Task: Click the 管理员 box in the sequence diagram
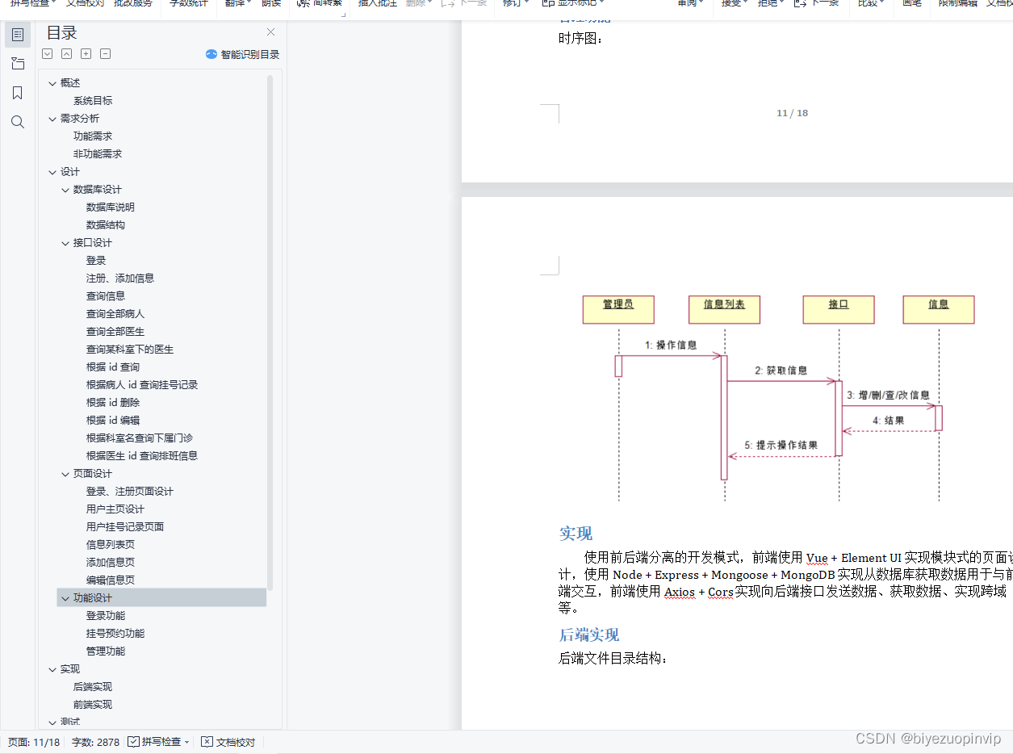618,309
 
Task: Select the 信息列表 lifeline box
724,309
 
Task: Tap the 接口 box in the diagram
839,309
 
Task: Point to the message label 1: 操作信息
671,346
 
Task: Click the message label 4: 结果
888,421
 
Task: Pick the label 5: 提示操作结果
781,446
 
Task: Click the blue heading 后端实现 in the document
589,635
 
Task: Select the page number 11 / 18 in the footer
792,113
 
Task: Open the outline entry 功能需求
93,136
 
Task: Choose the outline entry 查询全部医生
115,332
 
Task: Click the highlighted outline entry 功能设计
93,598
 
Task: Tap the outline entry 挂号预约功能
115,634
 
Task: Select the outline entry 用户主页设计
115,509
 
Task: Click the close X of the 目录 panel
270,32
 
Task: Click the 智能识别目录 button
243,54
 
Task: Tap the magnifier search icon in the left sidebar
18,122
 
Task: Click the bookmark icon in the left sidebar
18,93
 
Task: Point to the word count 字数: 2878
95,742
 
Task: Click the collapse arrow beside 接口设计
66,243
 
